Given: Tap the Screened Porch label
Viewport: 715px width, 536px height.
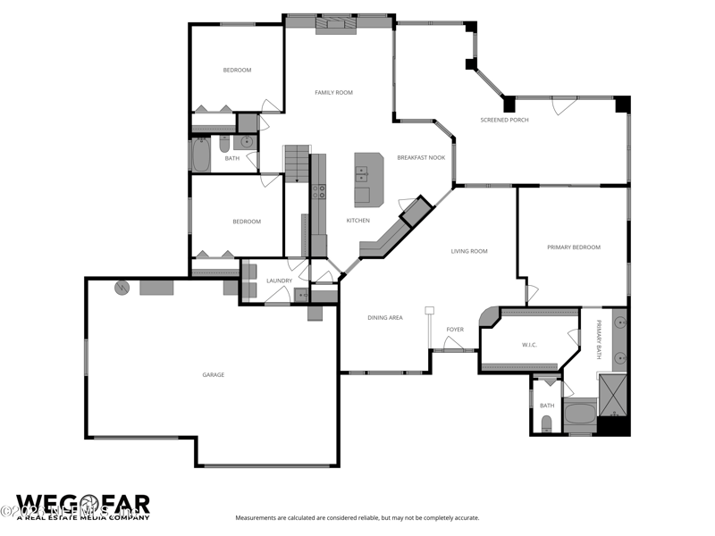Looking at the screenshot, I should (504, 120).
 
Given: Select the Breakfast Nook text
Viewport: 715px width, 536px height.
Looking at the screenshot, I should (421, 157).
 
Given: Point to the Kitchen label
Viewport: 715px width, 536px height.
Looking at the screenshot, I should (357, 221).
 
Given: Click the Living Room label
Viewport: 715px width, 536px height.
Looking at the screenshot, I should (469, 251).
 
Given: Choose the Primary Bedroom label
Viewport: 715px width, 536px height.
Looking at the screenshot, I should (574, 247).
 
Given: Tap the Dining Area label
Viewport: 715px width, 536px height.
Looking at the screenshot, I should (384, 318).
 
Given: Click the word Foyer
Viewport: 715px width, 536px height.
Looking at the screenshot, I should (455, 330).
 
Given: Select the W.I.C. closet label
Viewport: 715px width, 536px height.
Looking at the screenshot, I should (529, 344).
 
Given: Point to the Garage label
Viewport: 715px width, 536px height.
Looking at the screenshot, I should (213, 374).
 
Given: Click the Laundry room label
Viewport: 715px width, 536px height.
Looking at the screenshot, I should (279, 281).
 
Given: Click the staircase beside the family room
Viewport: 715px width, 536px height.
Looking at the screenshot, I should (296, 163).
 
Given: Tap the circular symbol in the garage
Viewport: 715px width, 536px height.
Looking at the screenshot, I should (122, 288).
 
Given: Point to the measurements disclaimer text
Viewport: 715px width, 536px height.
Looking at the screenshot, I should (357, 518).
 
